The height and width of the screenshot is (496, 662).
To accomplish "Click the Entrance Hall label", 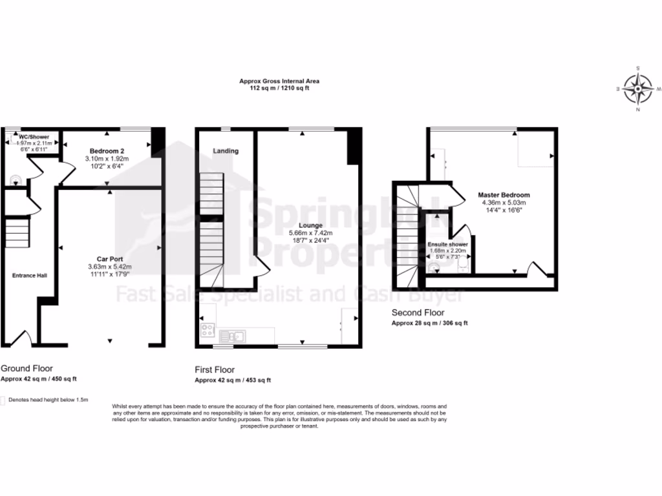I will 28,276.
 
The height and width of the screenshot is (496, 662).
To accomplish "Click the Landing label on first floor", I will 226,151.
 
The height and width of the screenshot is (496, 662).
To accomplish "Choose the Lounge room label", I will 311,225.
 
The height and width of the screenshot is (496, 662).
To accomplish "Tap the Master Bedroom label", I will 504,195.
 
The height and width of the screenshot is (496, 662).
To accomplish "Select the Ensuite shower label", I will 447,245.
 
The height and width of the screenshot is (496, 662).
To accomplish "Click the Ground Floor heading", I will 27,368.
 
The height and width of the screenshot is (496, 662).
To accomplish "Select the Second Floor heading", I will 418,312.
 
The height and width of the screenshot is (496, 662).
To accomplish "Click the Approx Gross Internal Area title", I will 279,81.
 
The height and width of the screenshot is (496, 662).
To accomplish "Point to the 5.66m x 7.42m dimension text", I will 311,233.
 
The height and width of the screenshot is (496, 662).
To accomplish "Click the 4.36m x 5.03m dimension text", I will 504,203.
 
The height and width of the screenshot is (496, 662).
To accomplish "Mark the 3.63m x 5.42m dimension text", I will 109,266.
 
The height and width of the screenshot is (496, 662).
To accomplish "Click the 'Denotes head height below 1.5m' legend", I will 48,400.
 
